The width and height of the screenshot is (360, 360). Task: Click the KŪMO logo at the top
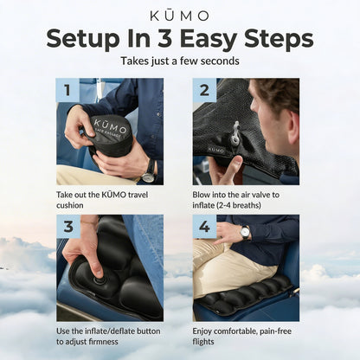[179, 16]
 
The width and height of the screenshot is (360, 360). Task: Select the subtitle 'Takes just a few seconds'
[179, 62]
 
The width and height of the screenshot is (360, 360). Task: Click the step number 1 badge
[68, 90]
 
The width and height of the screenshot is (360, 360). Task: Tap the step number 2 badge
[204, 90]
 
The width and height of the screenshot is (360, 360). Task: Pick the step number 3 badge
[68, 227]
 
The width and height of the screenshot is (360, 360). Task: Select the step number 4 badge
[204, 227]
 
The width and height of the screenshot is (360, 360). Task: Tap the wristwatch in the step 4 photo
[246, 232]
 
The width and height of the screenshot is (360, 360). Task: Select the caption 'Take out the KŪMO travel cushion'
[104, 200]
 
